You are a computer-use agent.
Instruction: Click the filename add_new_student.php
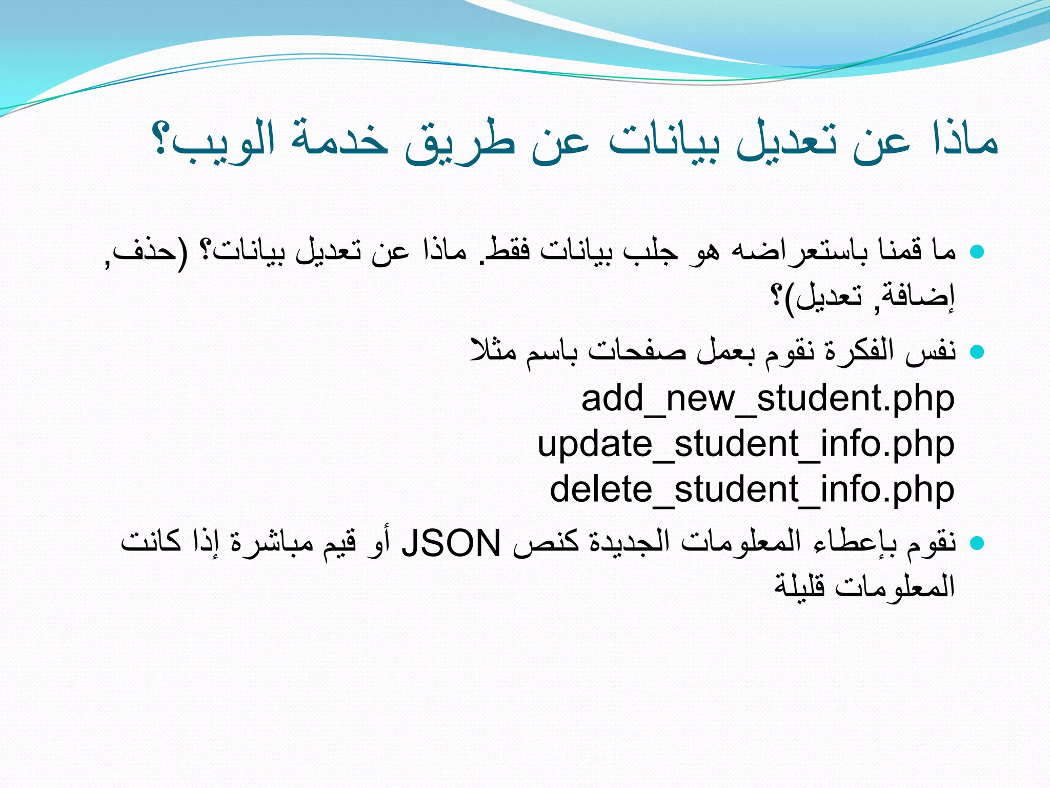pos(768,398)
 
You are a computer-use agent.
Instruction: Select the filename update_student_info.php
pos(745,444)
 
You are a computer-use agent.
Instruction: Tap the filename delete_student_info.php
pos(752,489)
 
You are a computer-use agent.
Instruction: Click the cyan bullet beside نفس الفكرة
pos(977,351)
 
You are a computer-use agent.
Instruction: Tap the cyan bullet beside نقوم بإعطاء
pos(977,543)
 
